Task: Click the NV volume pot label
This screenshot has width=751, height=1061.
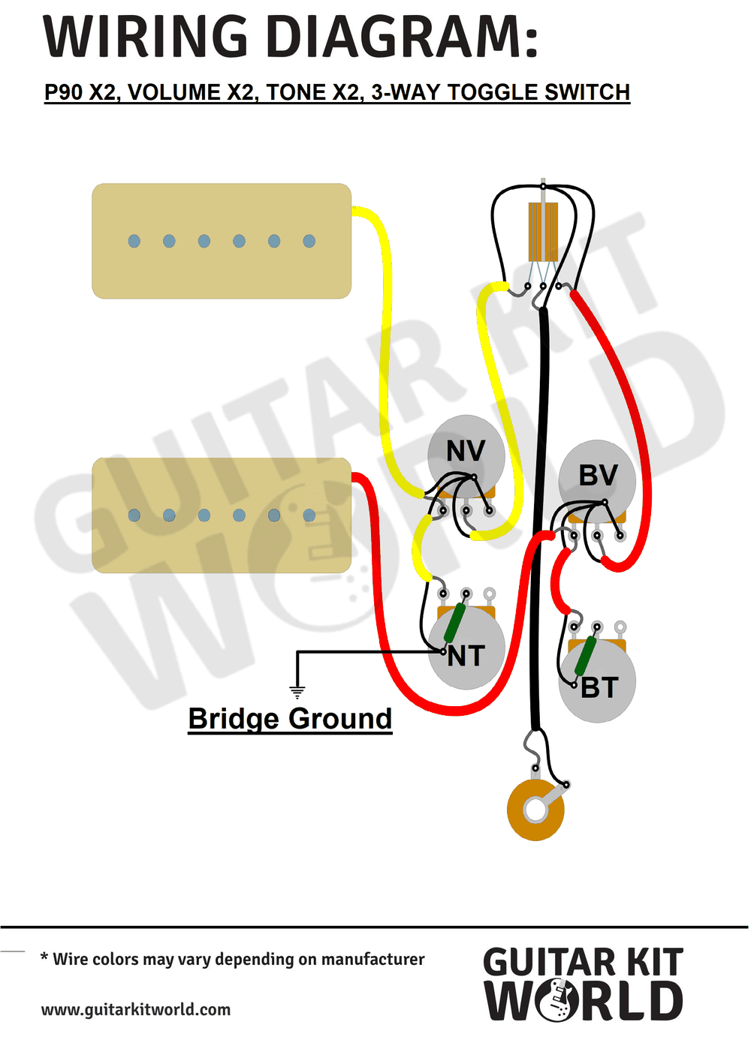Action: click(466, 451)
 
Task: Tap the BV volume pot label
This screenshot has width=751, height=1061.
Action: click(598, 475)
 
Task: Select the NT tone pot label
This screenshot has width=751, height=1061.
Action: click(466, 657)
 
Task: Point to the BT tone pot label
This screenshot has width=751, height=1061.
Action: click(599, 688)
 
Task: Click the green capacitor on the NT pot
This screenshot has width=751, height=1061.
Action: click(454, 624)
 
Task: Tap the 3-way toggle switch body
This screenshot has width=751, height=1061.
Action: click(543, 232)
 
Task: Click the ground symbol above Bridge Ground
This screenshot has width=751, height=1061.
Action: click(297, 693)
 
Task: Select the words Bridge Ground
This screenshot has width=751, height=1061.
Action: click(290, 719)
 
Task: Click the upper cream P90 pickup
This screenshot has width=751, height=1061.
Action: click(222, 241)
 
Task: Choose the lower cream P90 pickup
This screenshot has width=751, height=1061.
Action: click(222, 515)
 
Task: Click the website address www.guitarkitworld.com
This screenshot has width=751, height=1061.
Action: click(136, 1009)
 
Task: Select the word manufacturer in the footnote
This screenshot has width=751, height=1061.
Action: click(372, 960)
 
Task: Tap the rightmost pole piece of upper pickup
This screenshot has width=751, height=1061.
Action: click(309, 241)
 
